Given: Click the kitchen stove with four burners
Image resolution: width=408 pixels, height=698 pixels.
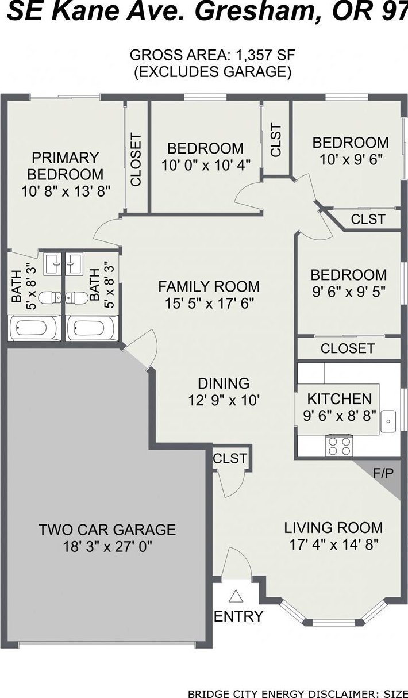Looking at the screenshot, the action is click(x=340, y=446).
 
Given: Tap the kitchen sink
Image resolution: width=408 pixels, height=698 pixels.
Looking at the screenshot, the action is click(x=388, y=421).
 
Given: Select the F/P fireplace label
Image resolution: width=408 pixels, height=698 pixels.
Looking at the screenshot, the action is click(x=383, y=473).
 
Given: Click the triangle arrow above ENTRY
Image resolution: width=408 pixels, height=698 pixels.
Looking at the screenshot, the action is click(x=236, y=596).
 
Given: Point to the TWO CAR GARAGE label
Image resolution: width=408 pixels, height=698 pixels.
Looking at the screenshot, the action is click(x=107, y=530).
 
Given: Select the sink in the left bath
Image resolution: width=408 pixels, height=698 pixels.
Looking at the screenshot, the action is click(x=52, y=264).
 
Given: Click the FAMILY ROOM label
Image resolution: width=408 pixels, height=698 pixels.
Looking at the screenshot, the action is click(x=209, y=286).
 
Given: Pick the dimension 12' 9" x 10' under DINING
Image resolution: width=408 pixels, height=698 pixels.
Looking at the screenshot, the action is click(x=224, y=400).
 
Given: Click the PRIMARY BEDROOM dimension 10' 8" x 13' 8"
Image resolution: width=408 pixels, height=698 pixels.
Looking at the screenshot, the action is click(x=66, y=191).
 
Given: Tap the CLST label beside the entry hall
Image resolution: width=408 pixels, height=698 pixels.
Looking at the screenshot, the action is click(x=230, y=458).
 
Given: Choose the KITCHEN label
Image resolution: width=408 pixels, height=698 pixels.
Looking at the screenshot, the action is click(x=340, y=398).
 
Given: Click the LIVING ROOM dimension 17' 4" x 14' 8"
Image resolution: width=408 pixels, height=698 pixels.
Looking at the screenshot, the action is click(x=334, y=544).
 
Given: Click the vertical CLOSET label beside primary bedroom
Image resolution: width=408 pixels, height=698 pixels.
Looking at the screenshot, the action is click(x=136, y=160).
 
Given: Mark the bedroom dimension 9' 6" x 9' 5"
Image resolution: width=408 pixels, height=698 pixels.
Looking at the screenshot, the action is click(x=349, y=292).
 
